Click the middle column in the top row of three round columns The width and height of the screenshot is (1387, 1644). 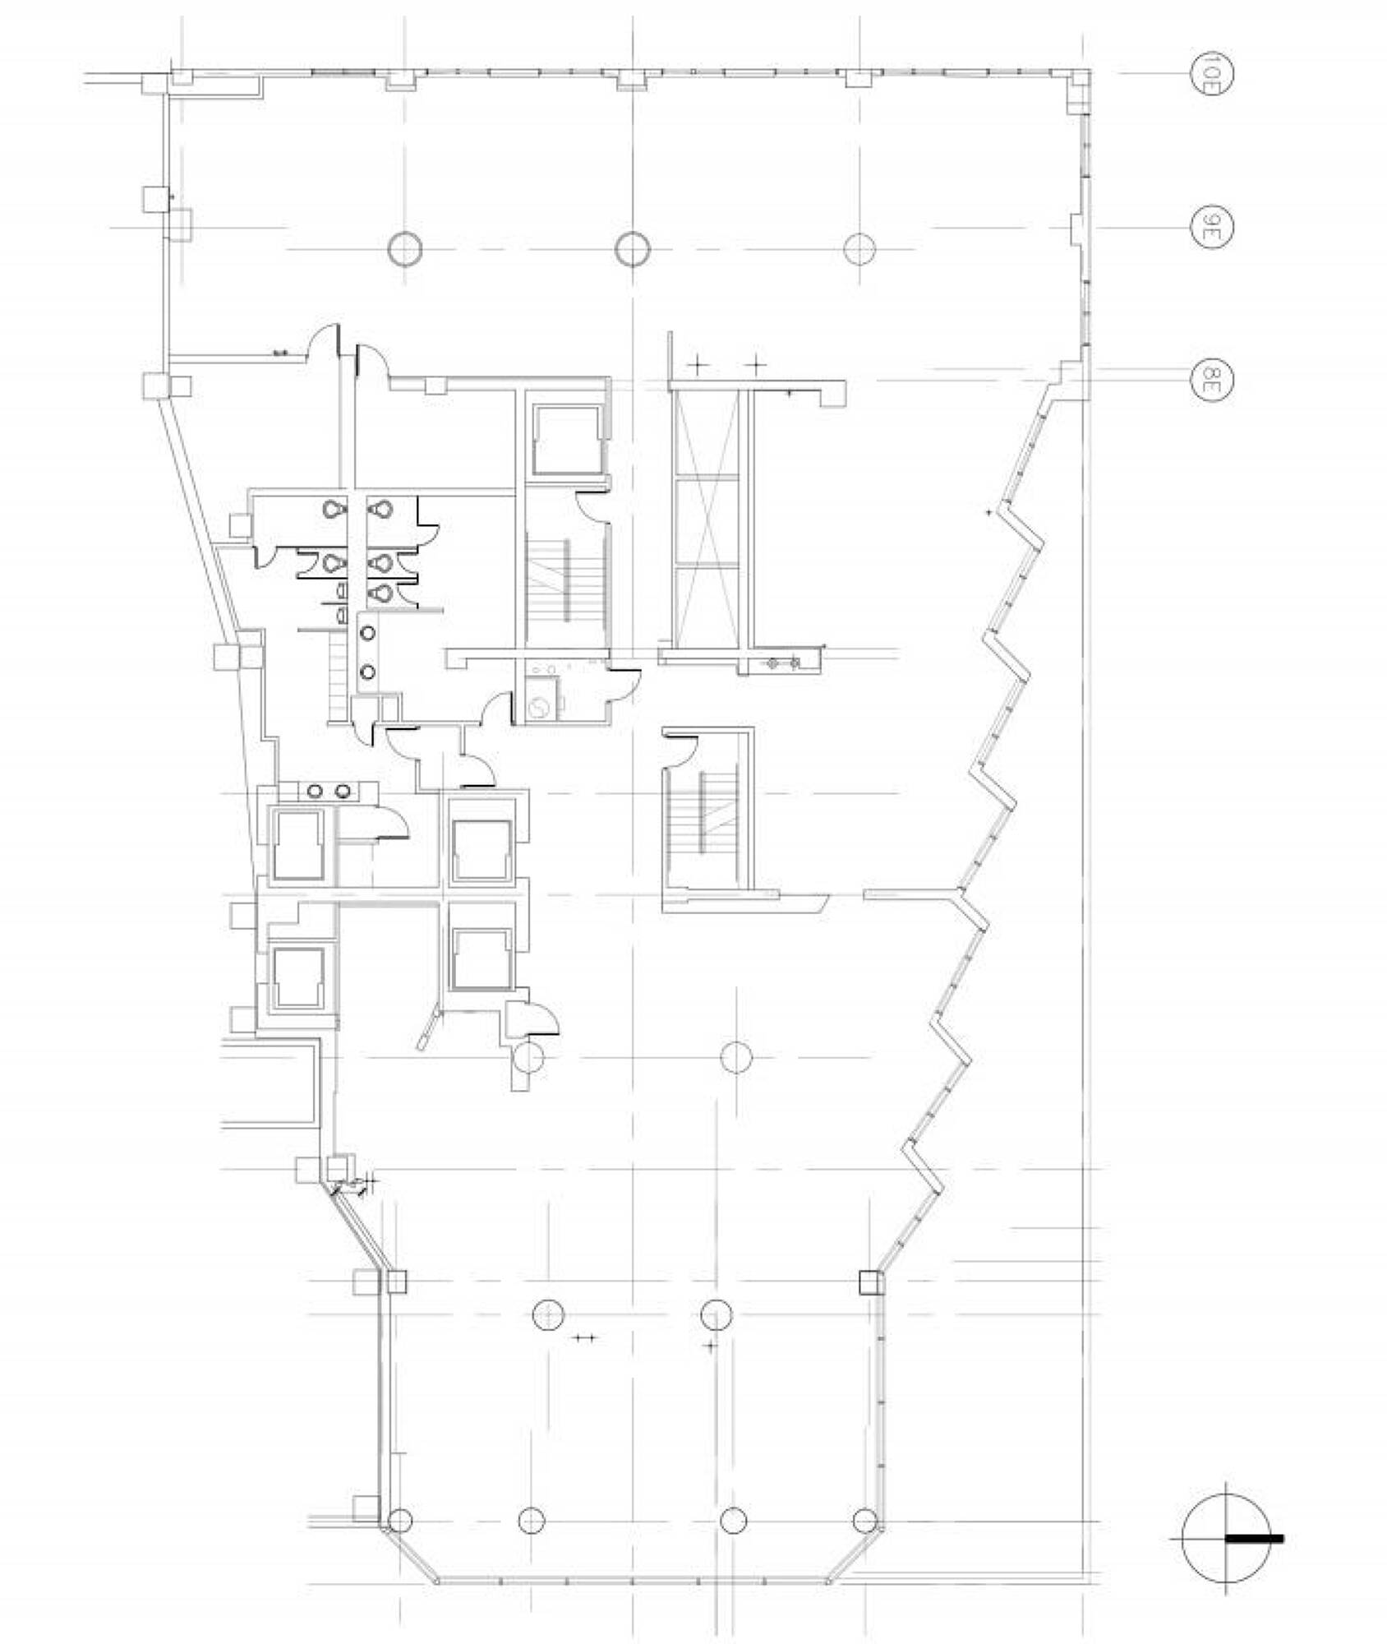point(633,249)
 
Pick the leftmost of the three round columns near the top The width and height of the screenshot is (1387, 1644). point(404,249)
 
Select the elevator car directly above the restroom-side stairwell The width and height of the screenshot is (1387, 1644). point(567,440)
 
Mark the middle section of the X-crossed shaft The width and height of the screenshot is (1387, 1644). point(706,520)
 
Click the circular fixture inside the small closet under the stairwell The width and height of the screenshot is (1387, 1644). point(539,708)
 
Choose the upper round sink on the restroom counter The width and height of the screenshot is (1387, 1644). point(367,633)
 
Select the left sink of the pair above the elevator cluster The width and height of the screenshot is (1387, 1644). point(315,791)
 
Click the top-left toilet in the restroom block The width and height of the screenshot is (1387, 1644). point(332,510)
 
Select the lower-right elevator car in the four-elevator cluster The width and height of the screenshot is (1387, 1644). point(481,959)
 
